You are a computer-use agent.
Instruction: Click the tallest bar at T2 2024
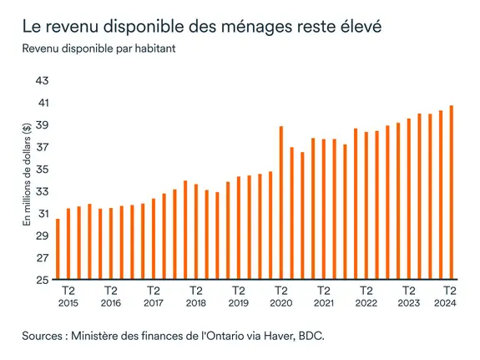click(x=452, y=193)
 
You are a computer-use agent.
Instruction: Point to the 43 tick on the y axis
click(x=42, y=81)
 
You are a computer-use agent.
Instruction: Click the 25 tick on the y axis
click(x=42, y=281)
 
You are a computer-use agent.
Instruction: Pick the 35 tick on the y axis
click(x=42, y=170)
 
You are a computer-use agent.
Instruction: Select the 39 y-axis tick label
click(x=42, y=125)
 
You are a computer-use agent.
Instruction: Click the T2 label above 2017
click(x=154, y=291)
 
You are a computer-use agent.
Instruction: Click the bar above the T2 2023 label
click(x=409, y=200)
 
